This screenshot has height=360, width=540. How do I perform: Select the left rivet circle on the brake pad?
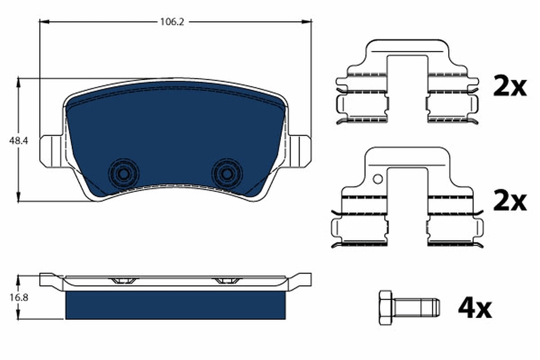coord(123,173)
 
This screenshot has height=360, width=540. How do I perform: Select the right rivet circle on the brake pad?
coord(227,173)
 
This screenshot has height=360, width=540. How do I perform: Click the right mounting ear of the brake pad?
coord(300,151)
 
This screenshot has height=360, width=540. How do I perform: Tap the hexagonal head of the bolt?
coord(385,308)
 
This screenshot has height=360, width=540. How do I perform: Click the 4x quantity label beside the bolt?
coord(475,309)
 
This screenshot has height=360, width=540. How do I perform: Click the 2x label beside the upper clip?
coord(509,86)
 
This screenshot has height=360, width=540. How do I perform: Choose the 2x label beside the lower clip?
coord(509,202)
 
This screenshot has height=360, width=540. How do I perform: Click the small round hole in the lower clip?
coord(378,179)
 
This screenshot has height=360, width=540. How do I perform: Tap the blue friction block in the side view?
coord(175,305)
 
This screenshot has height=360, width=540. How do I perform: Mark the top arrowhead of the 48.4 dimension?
coord(18,81)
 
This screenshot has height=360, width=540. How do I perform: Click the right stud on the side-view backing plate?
coord(227,281)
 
